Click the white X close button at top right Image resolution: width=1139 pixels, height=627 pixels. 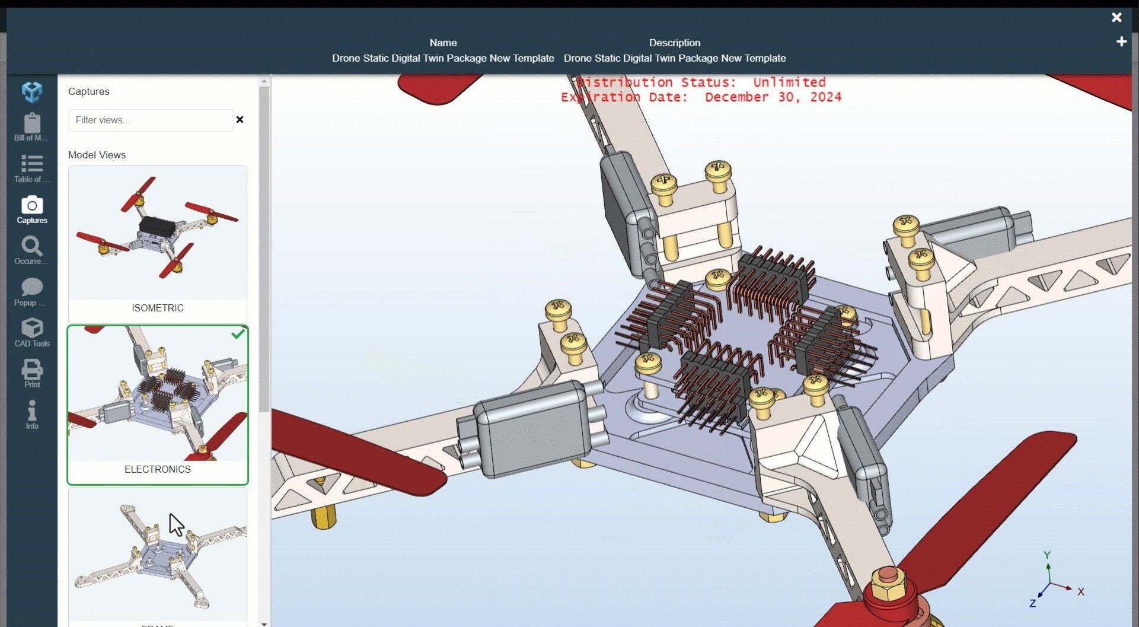[1116, 18]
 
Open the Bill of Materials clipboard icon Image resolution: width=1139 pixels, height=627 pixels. [32, 124]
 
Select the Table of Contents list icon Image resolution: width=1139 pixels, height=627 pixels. [32, 164]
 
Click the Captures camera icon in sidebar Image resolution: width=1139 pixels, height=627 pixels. [32, 206]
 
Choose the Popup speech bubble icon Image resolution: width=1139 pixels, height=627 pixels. [32, 288]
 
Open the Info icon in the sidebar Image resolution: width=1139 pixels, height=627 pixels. [32, 410]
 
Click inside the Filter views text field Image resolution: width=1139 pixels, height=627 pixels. [150, 120]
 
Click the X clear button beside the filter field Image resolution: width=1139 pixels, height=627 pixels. [240, 120]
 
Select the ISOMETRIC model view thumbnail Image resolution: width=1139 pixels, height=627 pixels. [158, 233]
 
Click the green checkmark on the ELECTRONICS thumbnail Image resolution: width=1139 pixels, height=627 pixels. [238, 335]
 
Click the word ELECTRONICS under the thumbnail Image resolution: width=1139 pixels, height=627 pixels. [158, 469]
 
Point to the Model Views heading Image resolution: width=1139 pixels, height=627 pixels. [97, 155]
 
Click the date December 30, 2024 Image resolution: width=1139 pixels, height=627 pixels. [773, 97]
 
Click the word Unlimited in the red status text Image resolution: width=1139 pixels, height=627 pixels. [789, 82]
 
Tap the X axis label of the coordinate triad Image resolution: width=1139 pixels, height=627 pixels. [1081, 592]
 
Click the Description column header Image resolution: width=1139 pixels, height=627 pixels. [674, 43]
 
